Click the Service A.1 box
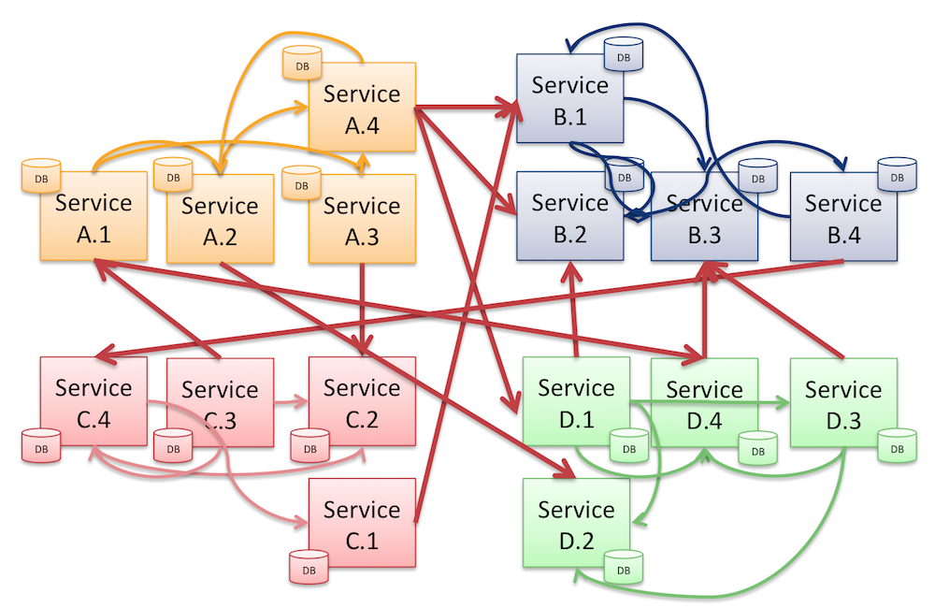point(93,219)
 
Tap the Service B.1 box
point(570,100)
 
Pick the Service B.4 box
point(843,218)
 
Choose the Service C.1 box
point(362,524)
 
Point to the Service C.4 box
point(93,402)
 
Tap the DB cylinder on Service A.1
point(40,175)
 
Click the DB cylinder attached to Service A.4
point(301,65)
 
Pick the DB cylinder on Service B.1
point(624,54)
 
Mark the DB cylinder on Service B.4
point(897,173)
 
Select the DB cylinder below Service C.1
point(308,567)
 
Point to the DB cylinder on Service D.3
point(897,446)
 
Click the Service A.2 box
point(220,220)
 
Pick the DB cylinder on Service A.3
point(301,182)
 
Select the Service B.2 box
point(570,218)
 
